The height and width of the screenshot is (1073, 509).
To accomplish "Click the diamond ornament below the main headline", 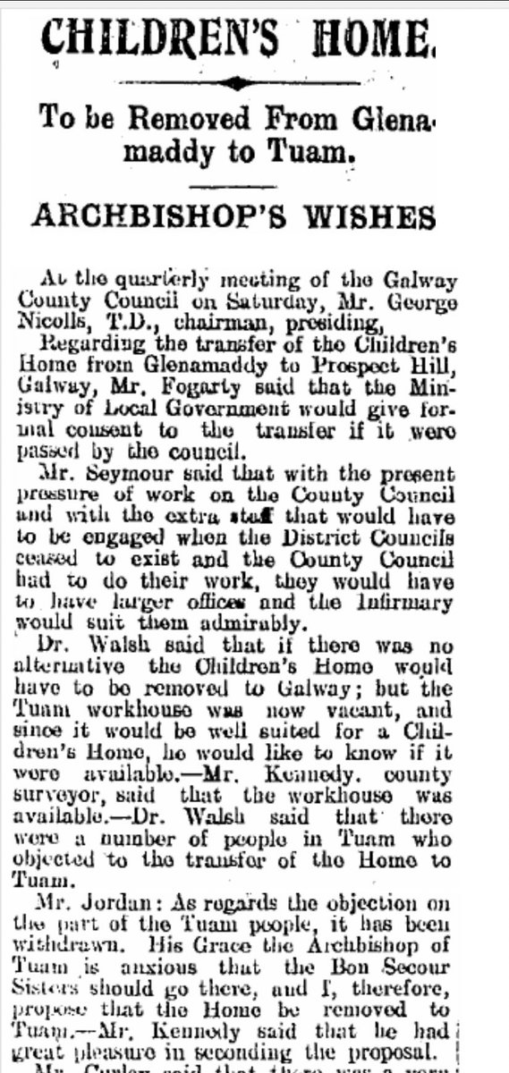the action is click(233, 83).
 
